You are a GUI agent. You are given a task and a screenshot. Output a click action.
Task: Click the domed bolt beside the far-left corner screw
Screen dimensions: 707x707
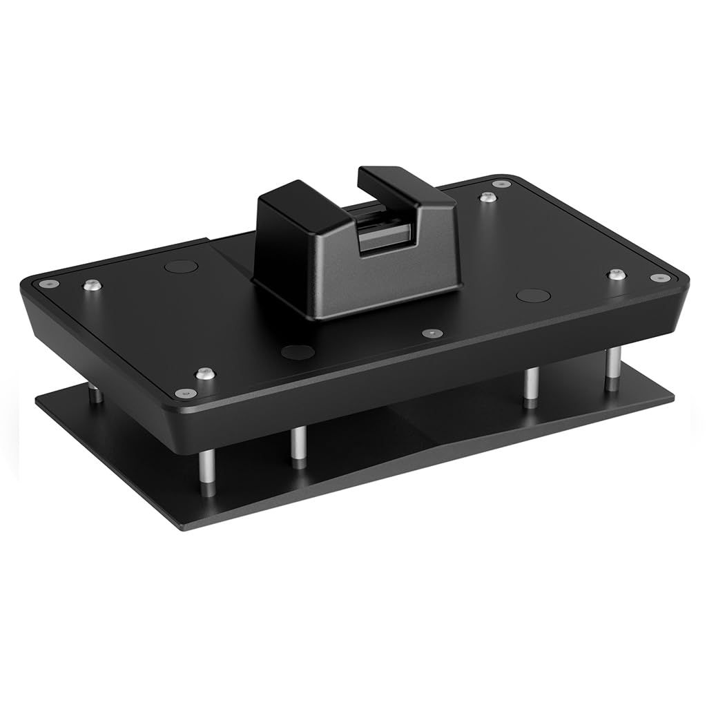point(89,284)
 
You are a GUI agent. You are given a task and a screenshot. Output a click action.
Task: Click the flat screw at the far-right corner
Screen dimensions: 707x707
point(659,278)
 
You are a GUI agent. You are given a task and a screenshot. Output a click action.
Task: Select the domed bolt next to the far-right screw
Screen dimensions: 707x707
point(617,274)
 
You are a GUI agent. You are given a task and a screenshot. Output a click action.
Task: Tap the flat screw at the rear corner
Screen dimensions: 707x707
point(502,184)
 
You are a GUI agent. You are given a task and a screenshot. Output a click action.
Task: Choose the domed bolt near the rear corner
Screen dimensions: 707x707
point(488,197)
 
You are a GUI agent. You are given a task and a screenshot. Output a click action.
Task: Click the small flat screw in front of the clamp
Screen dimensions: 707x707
point(432,333)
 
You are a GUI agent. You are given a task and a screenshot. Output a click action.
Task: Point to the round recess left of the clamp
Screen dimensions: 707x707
point(182,266)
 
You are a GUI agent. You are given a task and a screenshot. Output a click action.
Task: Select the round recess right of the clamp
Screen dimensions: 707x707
point(533,296)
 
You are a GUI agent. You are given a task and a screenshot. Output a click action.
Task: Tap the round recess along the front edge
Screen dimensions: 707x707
point(298,351)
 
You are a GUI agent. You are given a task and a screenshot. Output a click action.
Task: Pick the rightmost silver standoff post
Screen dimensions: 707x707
point(612,369)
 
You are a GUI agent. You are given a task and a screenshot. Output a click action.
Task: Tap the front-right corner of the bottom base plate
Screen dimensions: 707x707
point(672,398)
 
